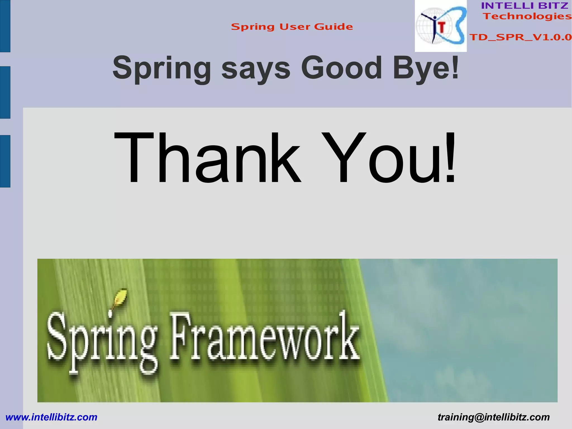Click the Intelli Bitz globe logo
click(440, 26)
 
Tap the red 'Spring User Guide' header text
click(292, 27)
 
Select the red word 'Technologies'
click(527, 16)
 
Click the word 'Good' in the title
click(341, 68)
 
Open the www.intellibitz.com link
click(51, 417)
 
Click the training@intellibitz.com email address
click(494, 417)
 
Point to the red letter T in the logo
click(442, 27)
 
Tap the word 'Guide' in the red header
click(333, 27)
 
